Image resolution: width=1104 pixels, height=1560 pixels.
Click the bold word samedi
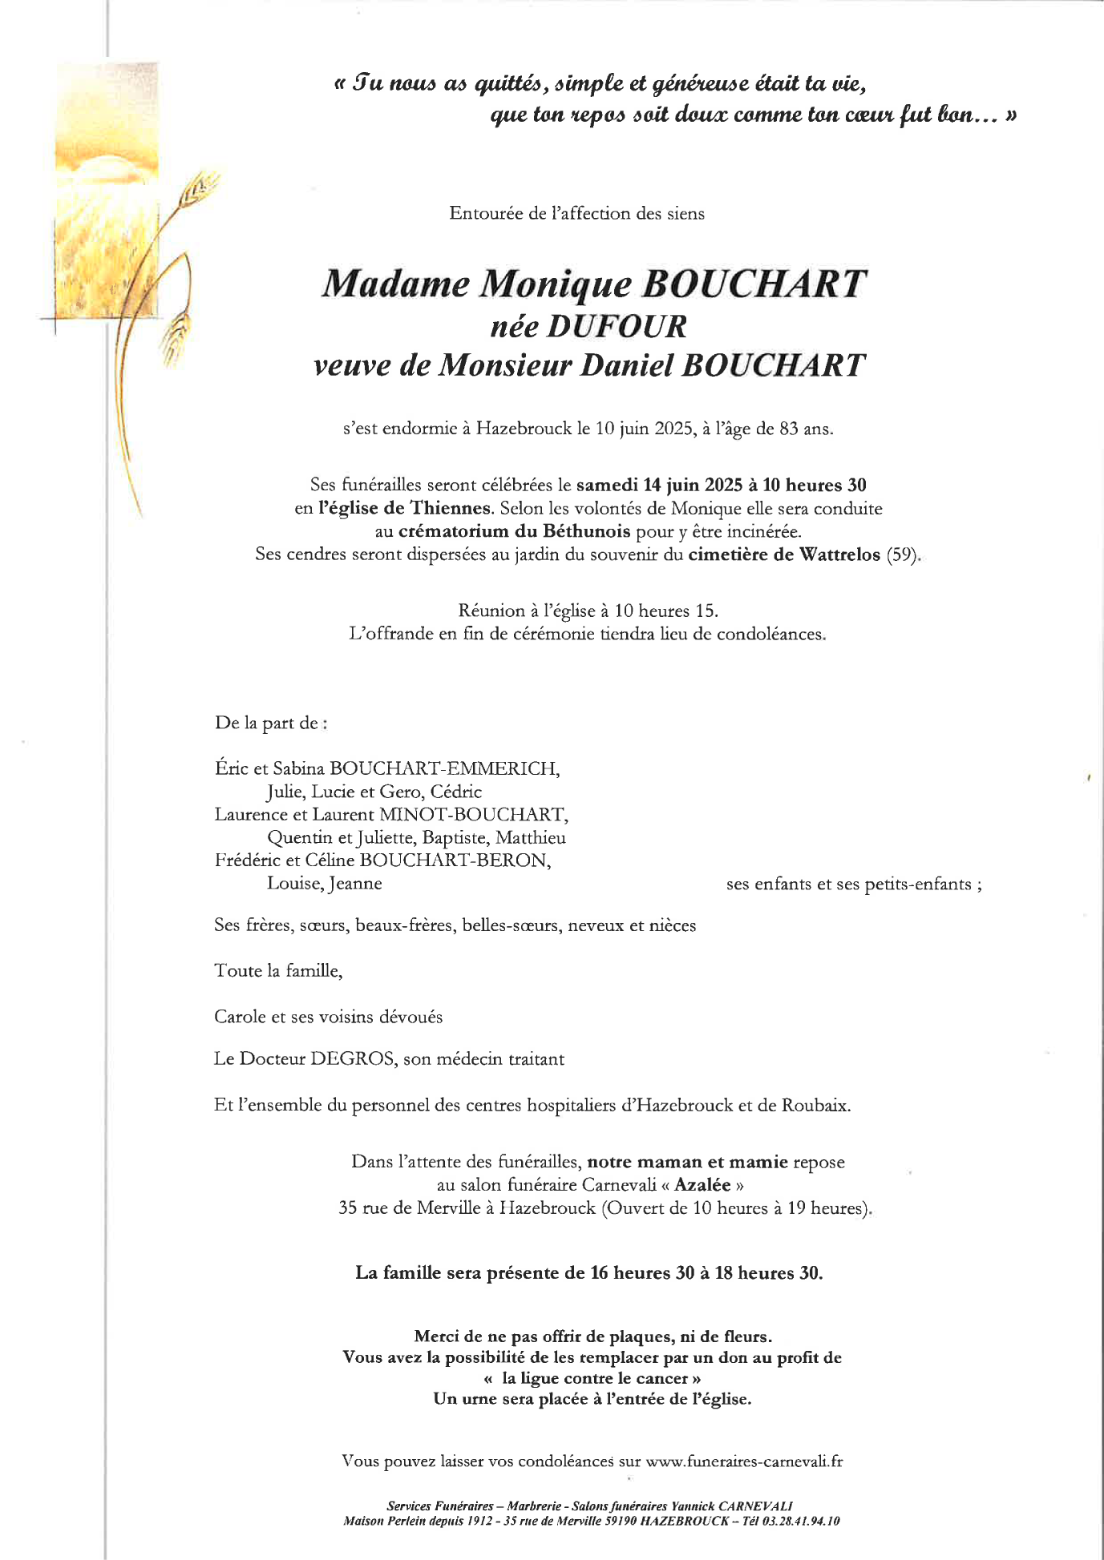point(607,486)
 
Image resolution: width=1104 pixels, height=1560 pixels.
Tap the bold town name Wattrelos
point(839,554)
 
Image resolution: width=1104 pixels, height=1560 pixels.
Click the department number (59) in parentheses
point(903,554)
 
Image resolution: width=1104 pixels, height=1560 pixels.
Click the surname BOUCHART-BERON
point(455,861)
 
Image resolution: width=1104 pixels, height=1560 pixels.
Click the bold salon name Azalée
point(703,1185)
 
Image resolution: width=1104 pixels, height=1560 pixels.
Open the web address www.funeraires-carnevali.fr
point(744,1461)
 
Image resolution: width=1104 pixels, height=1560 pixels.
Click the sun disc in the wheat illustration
point(105,164)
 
